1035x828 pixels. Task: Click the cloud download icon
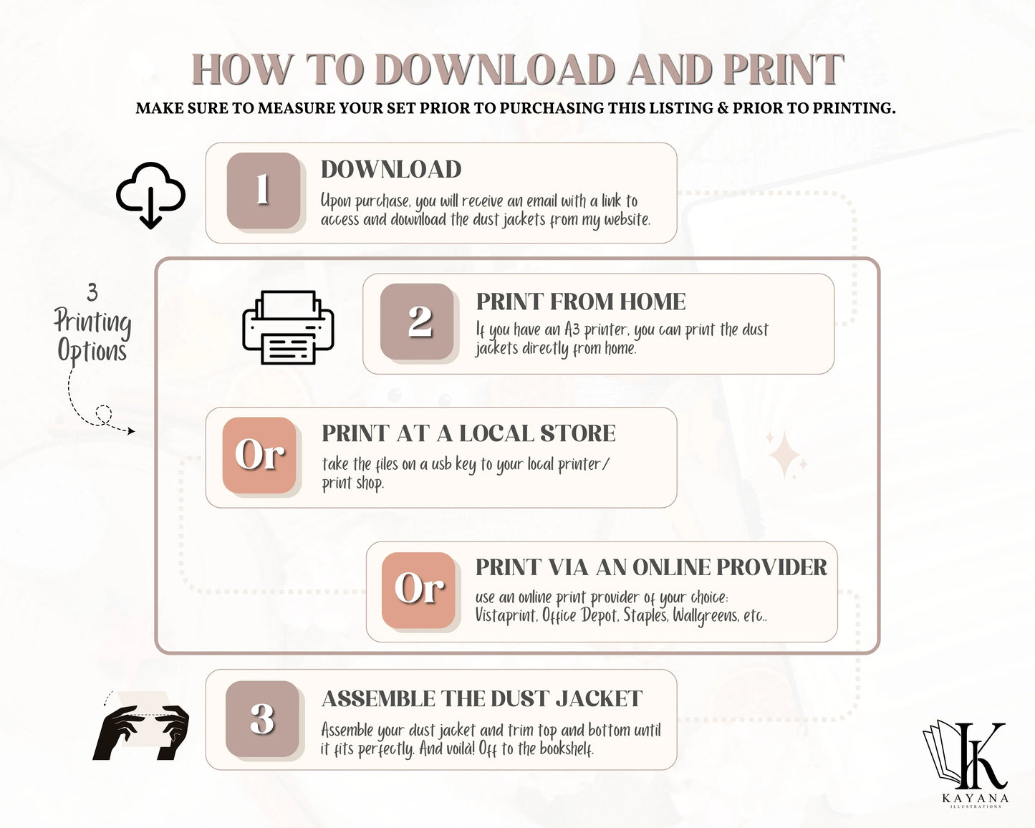(150, 195)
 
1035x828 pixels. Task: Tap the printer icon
(288, 327)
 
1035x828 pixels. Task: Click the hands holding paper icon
(140, 726)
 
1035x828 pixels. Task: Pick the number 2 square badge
(417, 321)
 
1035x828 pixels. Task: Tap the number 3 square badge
(263, 719)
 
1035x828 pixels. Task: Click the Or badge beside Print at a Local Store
(259, 455)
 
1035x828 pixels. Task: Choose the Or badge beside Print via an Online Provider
(418, 590)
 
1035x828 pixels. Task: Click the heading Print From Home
(581, 302)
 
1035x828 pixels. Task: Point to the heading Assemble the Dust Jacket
(482, 698)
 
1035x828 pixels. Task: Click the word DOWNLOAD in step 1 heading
(391, 169)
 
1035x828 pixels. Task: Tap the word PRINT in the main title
(784, 69)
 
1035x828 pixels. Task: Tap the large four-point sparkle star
(785, 455)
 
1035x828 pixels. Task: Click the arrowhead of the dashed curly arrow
(131, 431)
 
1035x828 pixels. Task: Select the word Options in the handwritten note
(92, 351)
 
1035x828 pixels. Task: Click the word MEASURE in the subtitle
(294, 108)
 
